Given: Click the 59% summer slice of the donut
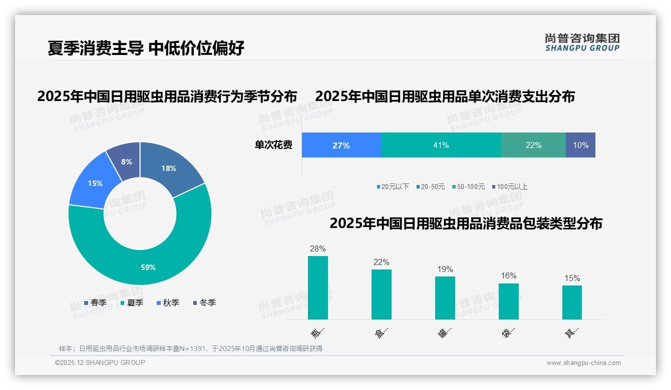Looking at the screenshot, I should point(148,260).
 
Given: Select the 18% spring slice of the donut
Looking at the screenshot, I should point(170,167).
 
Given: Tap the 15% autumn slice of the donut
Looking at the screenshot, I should point(93,182).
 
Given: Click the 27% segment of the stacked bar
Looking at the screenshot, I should point(341,145).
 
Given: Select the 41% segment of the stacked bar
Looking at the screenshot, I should point(441,145).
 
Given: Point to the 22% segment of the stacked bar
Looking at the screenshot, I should point(533,145).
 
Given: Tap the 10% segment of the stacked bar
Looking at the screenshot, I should point(580,145).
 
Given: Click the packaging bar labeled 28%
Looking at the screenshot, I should point(317,287).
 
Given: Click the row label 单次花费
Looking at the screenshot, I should point(273,145).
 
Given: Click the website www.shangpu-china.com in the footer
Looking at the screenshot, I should point(583,362).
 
